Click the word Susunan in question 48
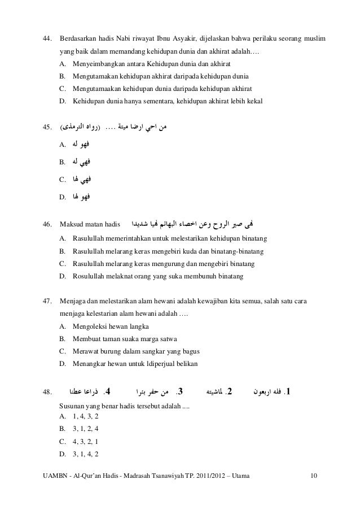click(72, 405)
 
